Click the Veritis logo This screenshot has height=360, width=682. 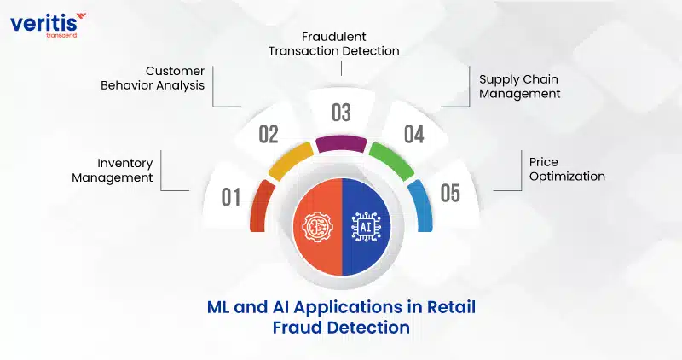tap(48, 26)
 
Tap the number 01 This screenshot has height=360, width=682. tap(230, 197)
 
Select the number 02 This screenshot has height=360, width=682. tap(269, 134)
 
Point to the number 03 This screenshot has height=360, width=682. tap(341, 113)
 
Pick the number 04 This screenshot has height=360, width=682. tap(414, 134)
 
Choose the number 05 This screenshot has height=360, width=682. tap(450, 194)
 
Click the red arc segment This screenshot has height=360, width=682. tap(261, 206)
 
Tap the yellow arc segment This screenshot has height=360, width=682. tap(291, 161)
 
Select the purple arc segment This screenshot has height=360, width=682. tap(342, 144)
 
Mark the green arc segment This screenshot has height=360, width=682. tap(391, 161)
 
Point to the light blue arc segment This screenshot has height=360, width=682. tap(421, 206)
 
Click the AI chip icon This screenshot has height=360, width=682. tap(366, 227)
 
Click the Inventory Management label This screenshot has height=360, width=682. tap(113, 171)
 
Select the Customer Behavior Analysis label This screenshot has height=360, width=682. tap(153, 78)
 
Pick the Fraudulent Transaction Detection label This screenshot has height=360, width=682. tap(333, 44)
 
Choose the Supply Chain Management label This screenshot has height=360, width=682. tap(520, 86)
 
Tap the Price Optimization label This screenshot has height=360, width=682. tap(567, 169)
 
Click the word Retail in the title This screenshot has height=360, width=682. tap(451, 307)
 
